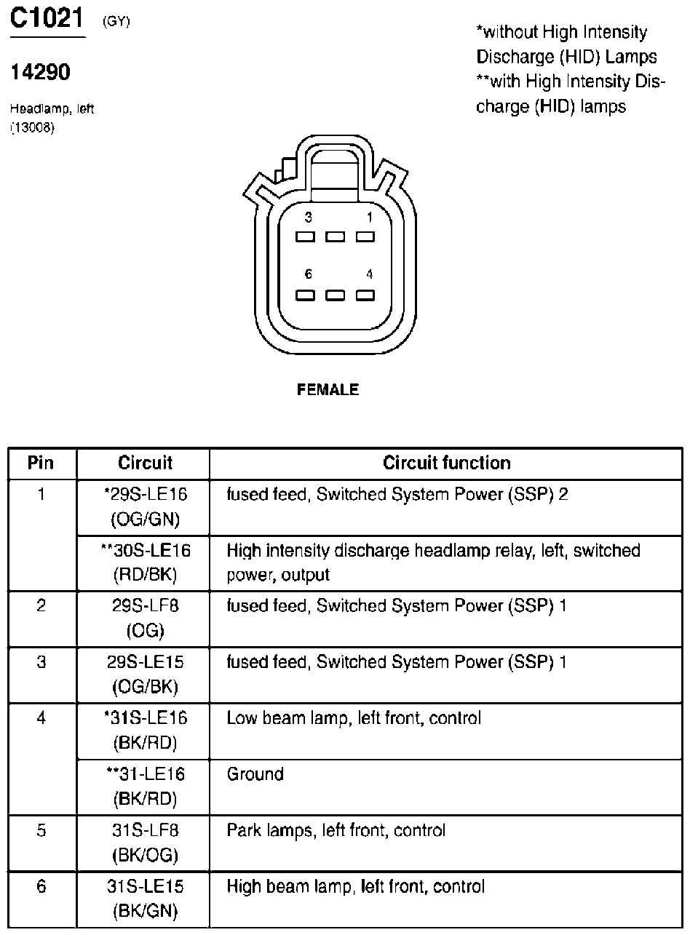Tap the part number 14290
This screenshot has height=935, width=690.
click(x=40, y=73)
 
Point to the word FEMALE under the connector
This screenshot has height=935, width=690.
click(x=328, y=390)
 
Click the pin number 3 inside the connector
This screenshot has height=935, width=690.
click(x=309, y=217)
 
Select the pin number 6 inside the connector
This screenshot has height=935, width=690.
click(x=309, y=274)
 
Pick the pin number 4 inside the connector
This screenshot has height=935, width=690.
click(x=370, y=274)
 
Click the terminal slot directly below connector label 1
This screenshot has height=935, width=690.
click(x=365, y=236)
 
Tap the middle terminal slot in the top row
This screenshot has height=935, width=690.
click(x=335, y=236)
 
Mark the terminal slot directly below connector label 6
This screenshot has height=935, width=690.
click(x=305, y=295)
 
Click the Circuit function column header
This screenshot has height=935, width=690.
click(x=447, y=463)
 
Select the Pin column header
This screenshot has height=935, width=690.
click(x=41, y=463)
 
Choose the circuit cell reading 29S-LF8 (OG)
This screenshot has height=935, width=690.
click(x=145, y=618)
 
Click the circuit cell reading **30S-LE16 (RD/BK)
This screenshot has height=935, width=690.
click(x=145, y=562)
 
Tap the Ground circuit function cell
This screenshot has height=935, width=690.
click(x=255, y=774)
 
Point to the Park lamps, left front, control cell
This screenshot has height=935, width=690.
click(x=336, y=830)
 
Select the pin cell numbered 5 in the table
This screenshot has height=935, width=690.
click(x=41, y=830)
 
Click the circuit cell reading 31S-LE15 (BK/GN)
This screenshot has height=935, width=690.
click(x=145, y=898)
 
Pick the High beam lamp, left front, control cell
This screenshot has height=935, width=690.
click(x=355, y=886)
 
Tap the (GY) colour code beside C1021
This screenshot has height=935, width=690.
click(x=116, y=21)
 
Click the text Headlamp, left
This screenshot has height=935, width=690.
click(x=52, y=109)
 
